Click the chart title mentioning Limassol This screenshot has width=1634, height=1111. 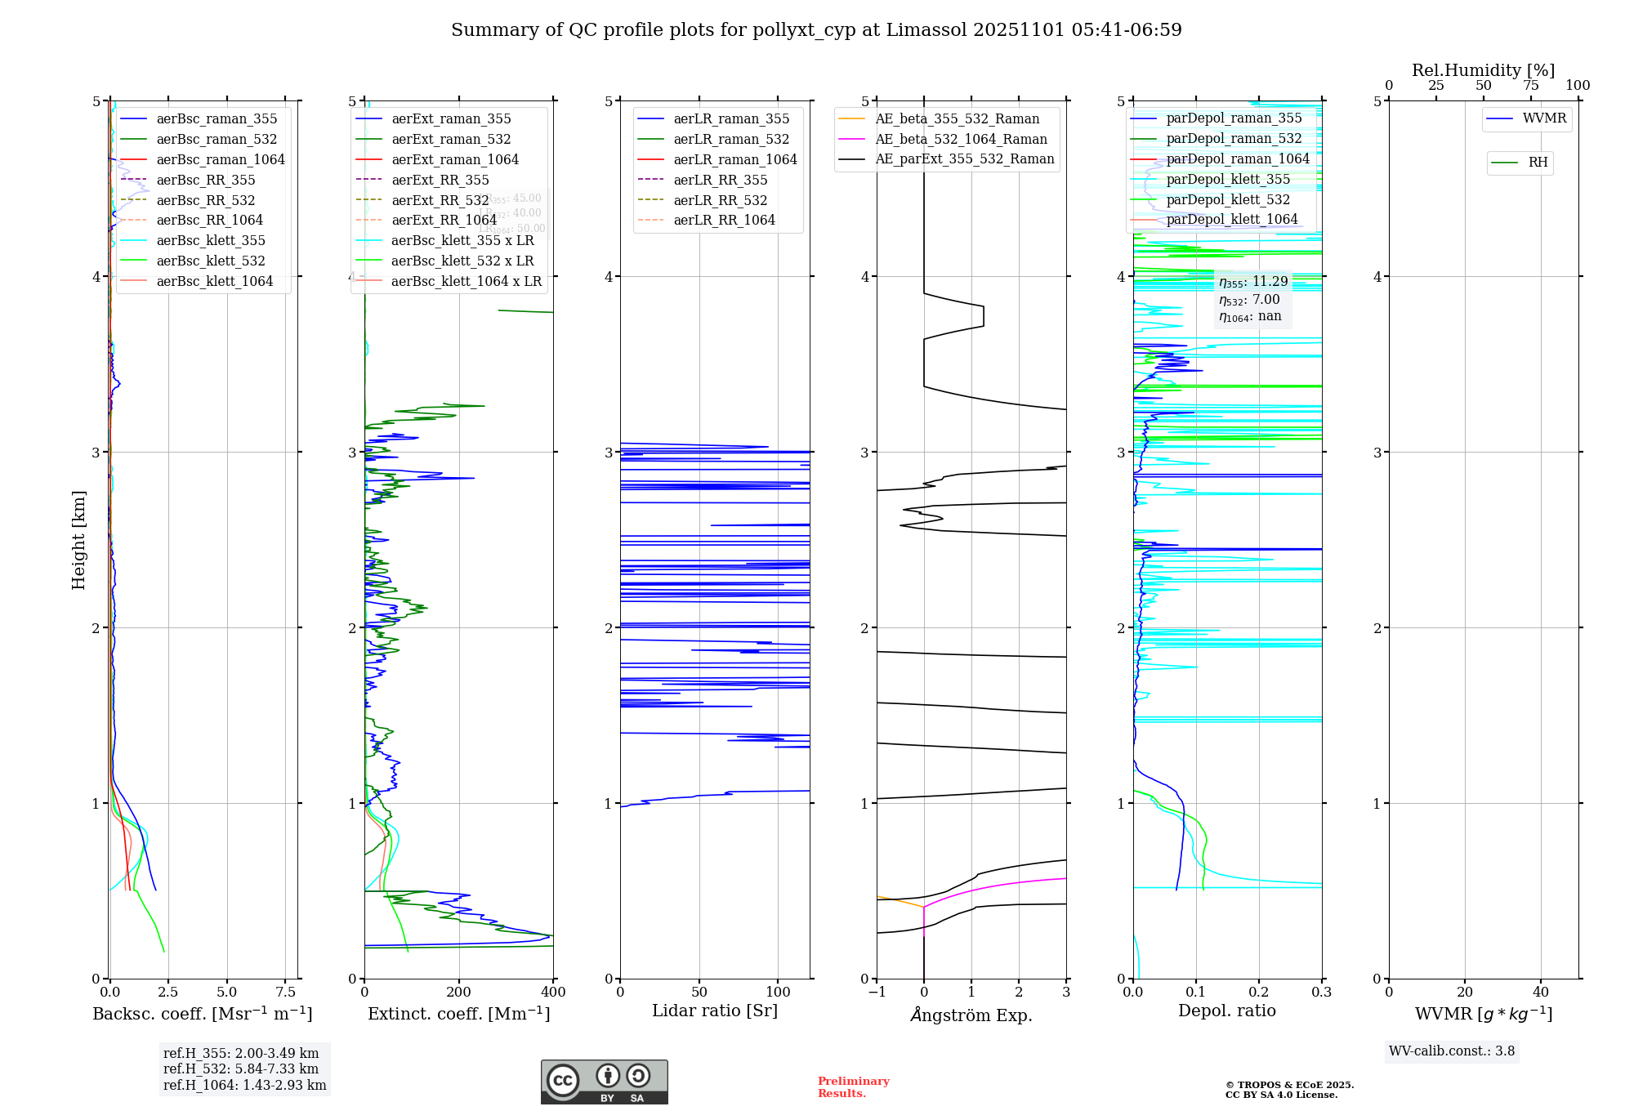pos(816,30)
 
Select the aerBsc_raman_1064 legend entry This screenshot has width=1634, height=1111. pos(221,159)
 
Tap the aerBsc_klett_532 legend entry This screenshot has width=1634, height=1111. pos(211,261)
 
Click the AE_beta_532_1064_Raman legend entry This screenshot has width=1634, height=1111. pos(961,139)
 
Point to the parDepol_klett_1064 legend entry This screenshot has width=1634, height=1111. pos(1231,219)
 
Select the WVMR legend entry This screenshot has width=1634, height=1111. pos(1544,118)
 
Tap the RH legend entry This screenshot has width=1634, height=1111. pos(1538,163)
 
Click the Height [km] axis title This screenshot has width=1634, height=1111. pos(78,540)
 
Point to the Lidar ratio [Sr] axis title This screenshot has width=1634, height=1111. pos(715,1011)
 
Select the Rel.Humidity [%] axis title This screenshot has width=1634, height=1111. pos(1483,70)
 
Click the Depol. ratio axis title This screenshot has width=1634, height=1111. pos(1226,1011)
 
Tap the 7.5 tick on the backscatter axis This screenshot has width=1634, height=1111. pos(286,992)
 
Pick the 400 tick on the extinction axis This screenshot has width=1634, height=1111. pos(553,992)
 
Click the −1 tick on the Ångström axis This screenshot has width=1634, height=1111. pos(877,992)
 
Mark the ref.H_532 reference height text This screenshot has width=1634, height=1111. pos(241,1069)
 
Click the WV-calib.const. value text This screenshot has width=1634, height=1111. pos(1452,1051)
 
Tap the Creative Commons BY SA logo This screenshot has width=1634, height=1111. pos(604,1082)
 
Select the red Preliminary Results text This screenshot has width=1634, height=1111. pos(853,1087)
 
